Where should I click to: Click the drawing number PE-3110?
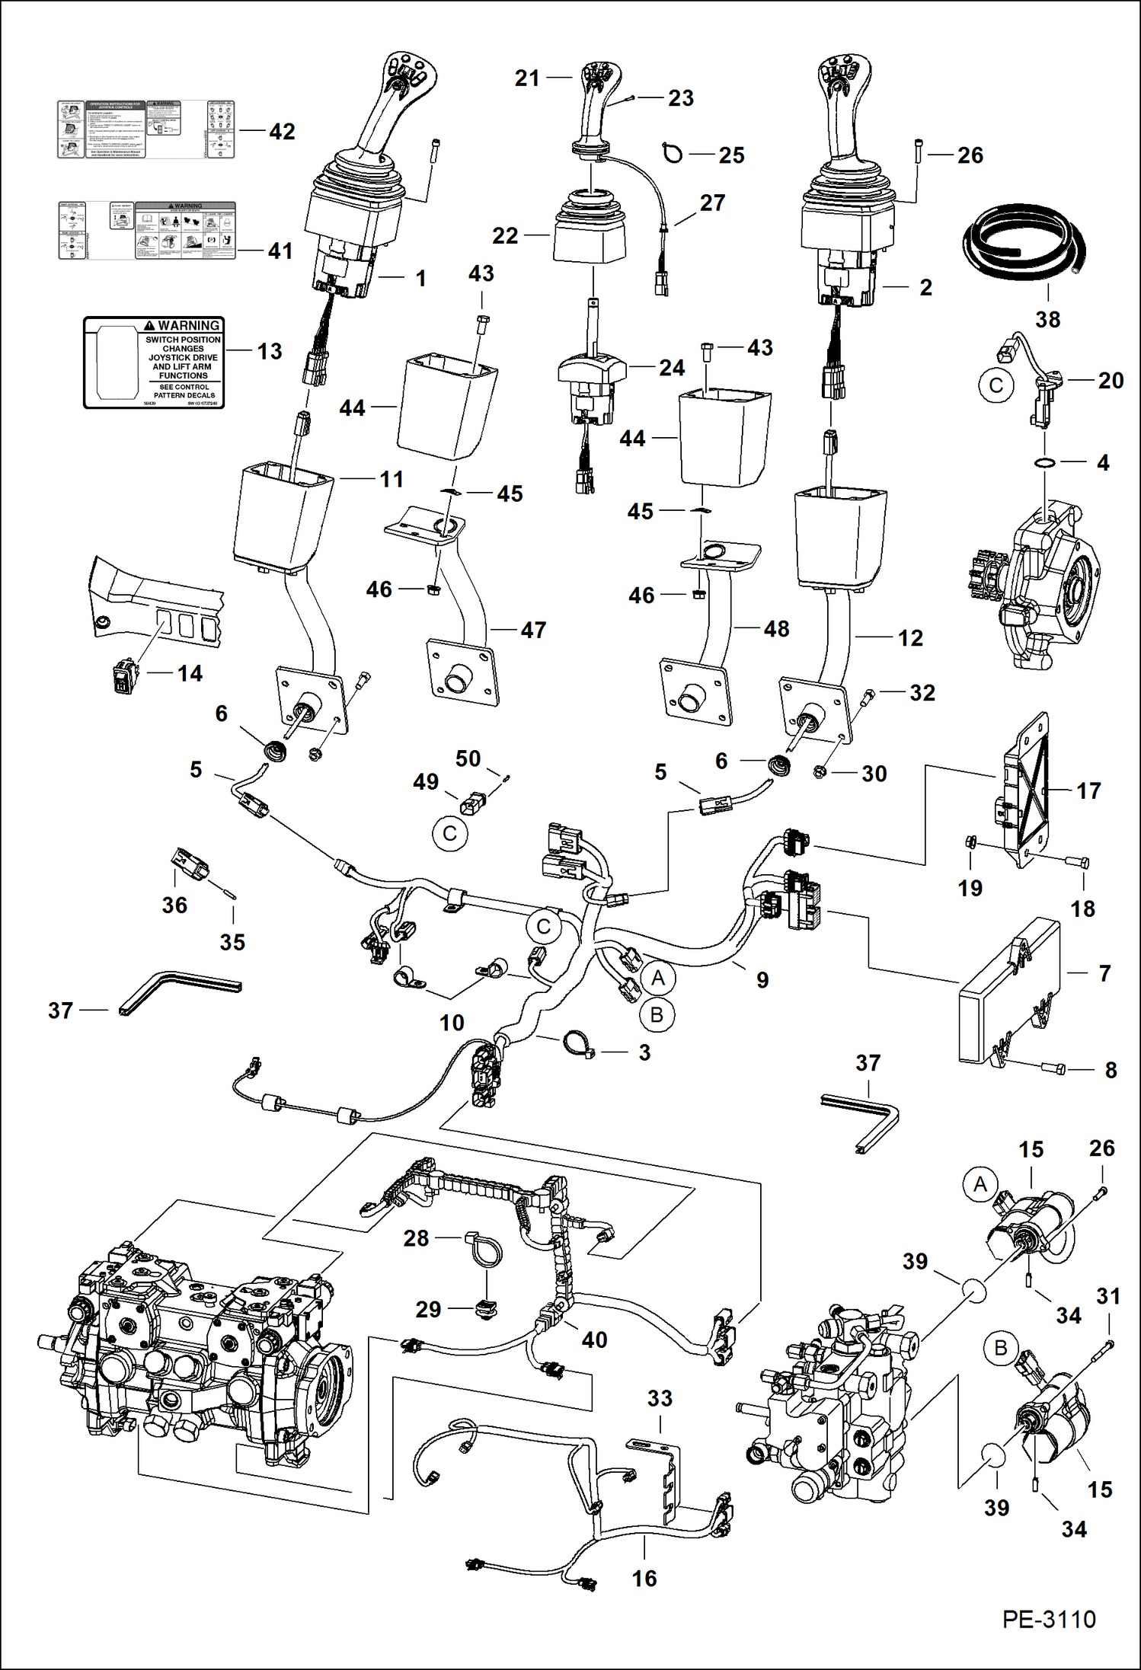1048,1619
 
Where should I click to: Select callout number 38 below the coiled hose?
1047,320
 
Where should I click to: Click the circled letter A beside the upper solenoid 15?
980,1184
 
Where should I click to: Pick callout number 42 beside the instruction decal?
282,132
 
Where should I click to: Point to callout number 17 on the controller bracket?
1088,791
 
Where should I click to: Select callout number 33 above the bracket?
660,1398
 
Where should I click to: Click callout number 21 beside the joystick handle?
527,78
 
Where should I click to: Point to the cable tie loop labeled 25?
673,153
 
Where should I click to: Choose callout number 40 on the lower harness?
594,1340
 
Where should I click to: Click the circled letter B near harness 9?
657,1015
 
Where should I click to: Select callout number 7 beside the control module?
1104,972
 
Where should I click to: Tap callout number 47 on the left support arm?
533,630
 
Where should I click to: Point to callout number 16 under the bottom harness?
644,1579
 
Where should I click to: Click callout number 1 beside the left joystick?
420,278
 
